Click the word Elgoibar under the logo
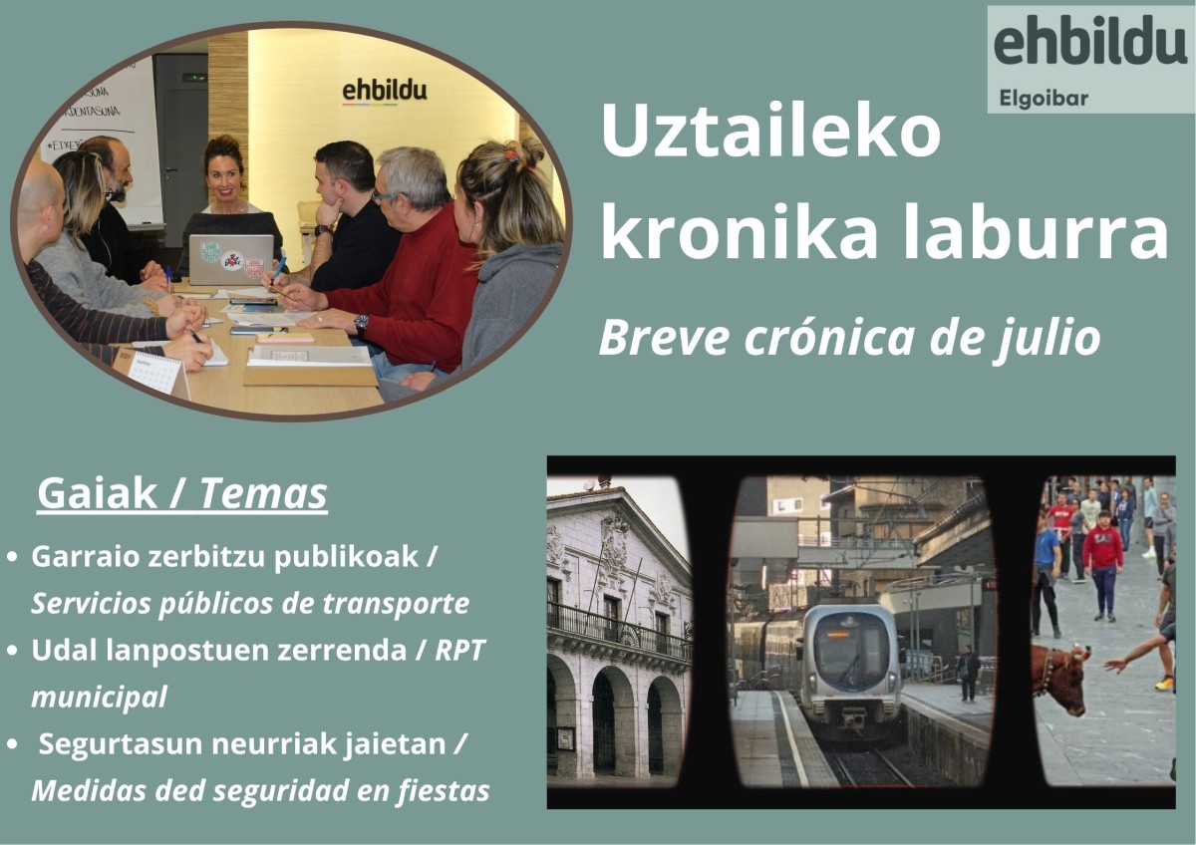1044,99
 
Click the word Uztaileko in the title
770,131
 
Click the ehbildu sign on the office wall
385,92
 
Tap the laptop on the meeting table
231,259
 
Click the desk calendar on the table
157,373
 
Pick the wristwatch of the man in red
362,324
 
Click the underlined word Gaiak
98,493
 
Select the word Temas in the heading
263,493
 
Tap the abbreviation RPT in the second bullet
459,650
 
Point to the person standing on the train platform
968,674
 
